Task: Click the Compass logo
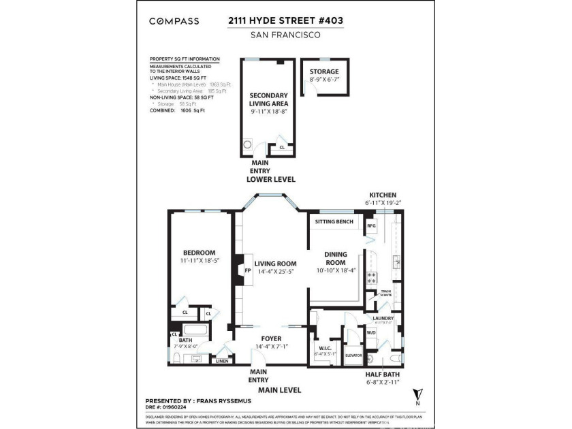coord(174,21)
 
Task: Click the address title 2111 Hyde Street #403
coord(285,21)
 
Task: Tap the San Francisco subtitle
coord(285,35)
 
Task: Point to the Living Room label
coord(275,264)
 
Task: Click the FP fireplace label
coord(248,270)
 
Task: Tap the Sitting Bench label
coord(332,222)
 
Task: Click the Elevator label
coord(353,355)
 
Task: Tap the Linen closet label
coord(222,361)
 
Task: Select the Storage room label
coord(323,71)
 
